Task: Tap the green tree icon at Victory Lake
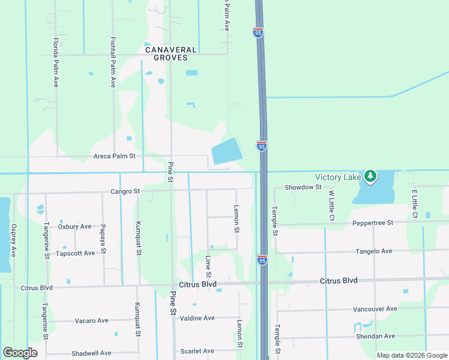[x=371, y=175]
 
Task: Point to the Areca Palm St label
[x=115, y=156]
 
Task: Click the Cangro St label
[x=125, y=191]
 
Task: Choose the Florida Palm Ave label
[x=56, y=62]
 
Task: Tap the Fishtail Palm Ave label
[x=112, y=62]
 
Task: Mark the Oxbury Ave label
[x=74, y=226]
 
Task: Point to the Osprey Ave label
[x=13, y=241]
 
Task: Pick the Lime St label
[x=208, y=265]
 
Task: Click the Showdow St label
[x=303, y=187]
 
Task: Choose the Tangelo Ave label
[x=373, y=251]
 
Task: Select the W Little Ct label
[x=331, y=204]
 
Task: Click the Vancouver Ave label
[x=375, y=308]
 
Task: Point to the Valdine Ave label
[x=197, y=318]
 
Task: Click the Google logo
[x=20, y=352]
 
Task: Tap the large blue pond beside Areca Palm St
[x=226, y=151]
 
